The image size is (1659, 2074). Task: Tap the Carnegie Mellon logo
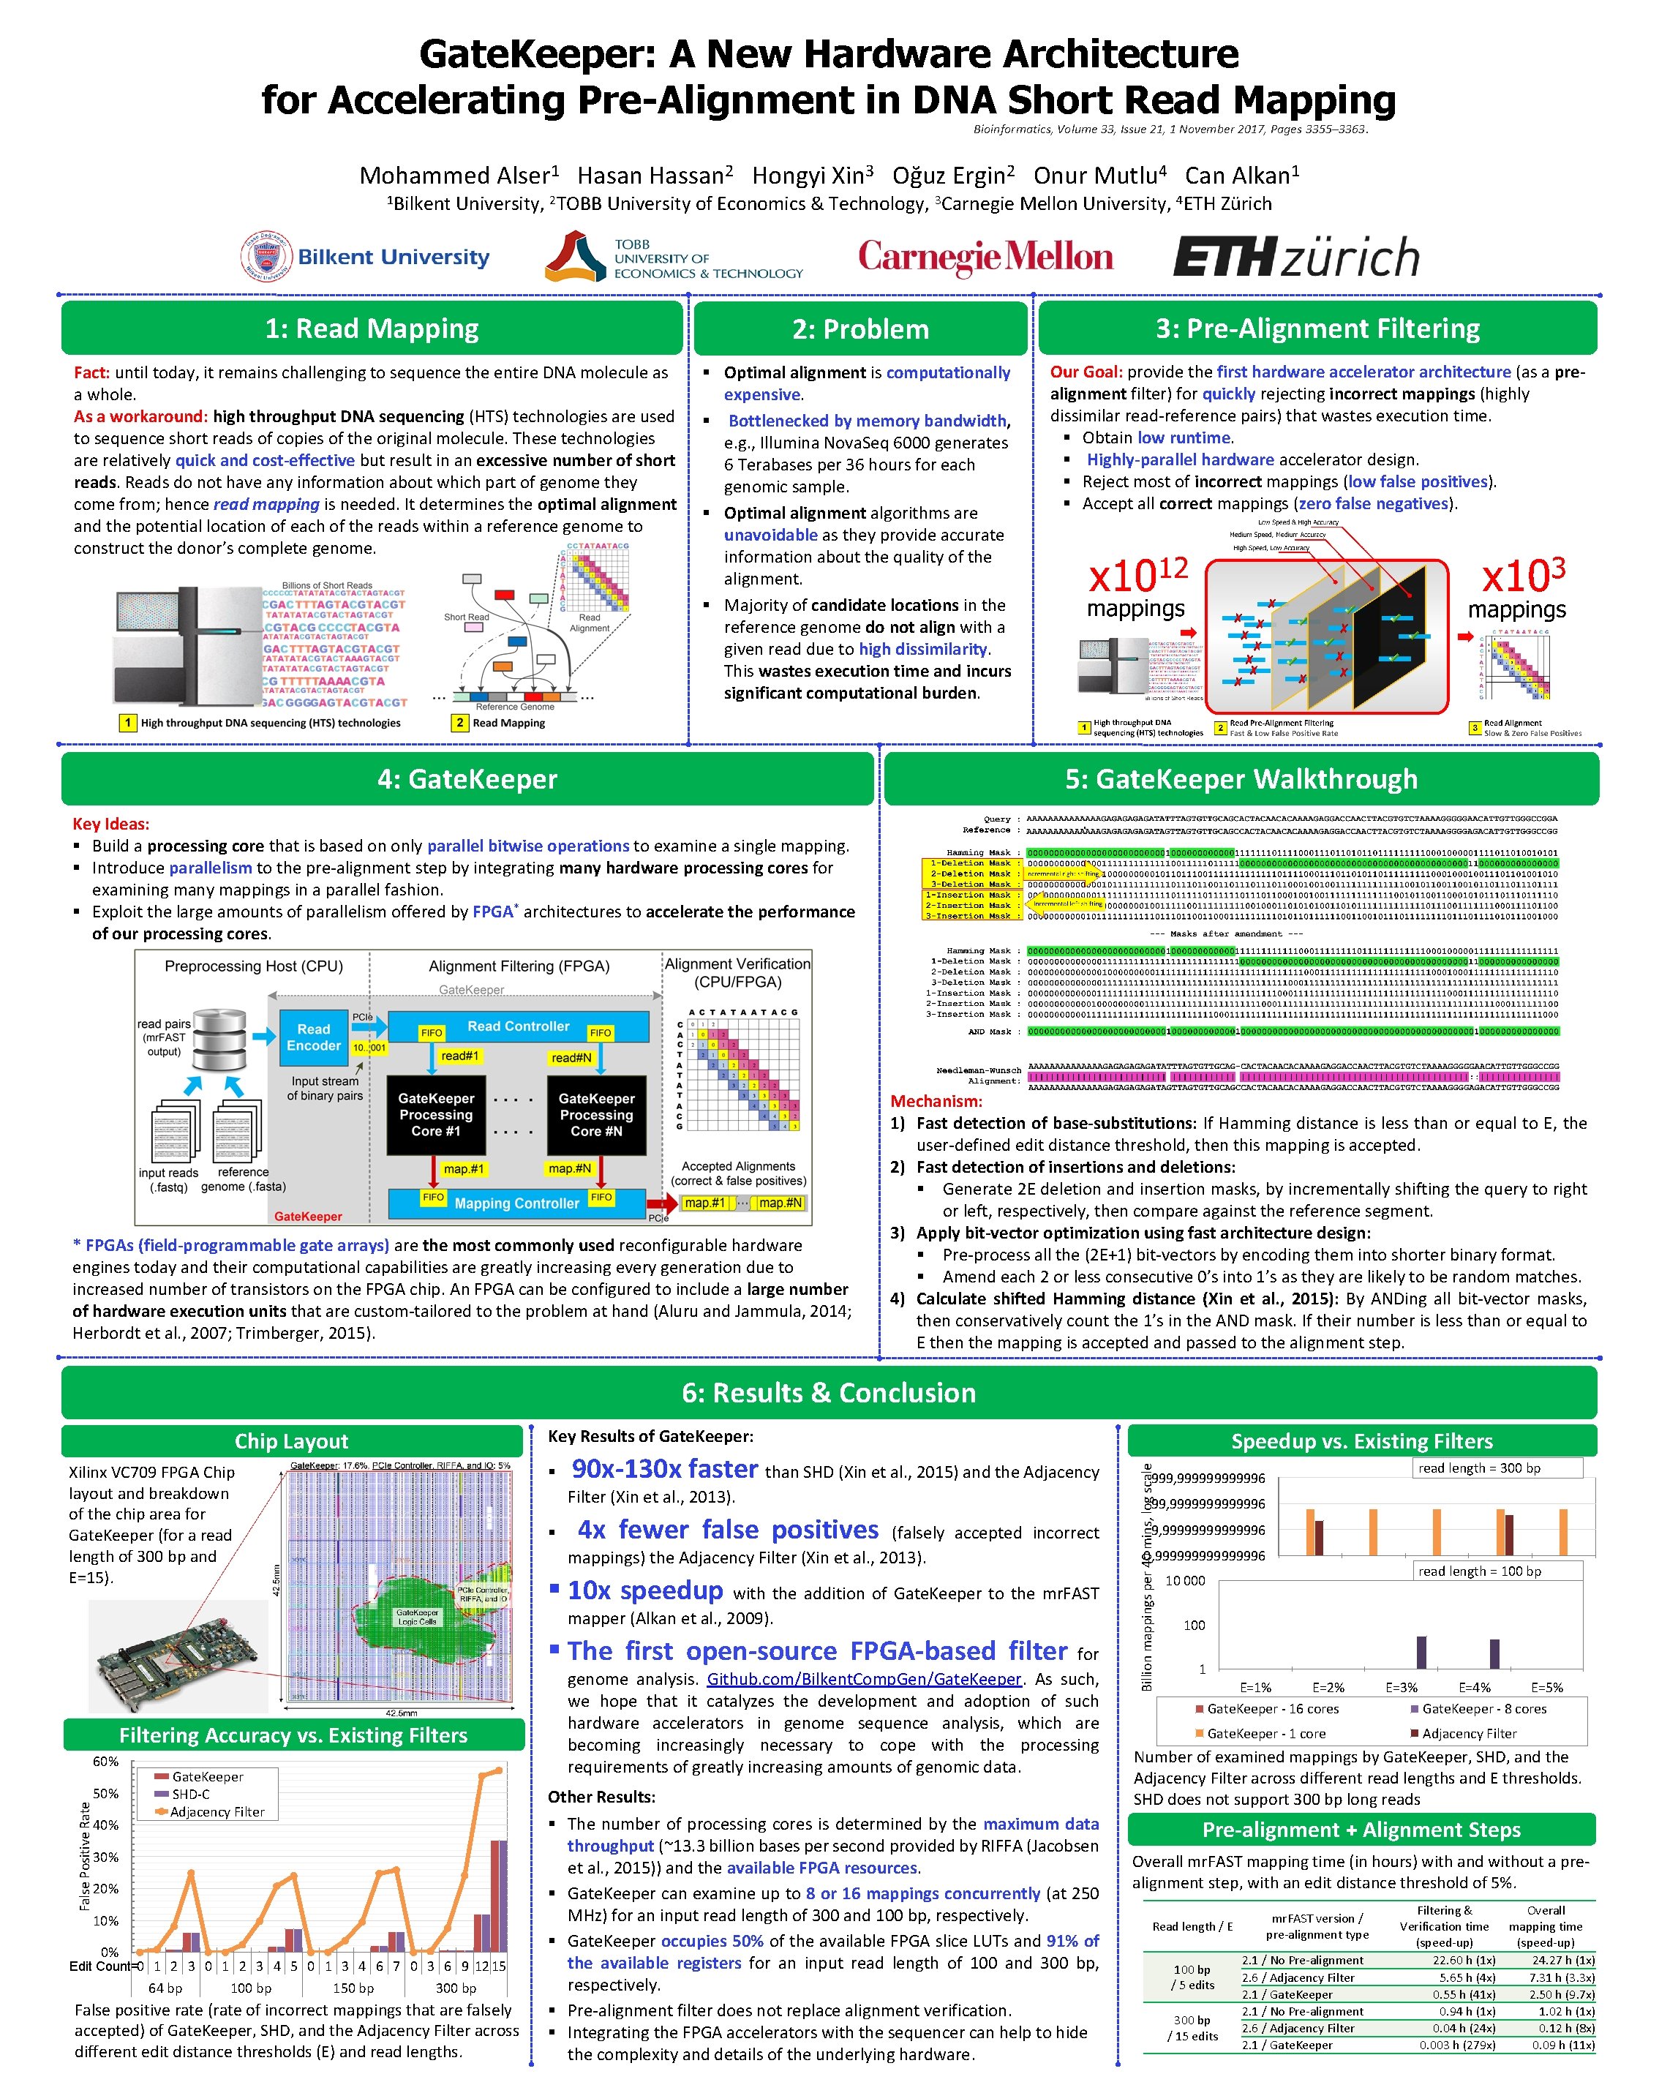986,257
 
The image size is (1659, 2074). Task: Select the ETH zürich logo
1295,258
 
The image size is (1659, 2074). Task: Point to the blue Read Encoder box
314,1037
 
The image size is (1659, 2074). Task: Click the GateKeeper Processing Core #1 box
436,1115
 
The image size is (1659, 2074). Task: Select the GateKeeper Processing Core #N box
595,1115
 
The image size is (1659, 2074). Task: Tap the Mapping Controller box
516,1203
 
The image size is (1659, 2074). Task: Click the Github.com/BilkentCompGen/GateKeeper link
864,1679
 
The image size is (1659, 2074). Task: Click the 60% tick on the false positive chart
106,1762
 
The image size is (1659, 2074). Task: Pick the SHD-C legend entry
189,1794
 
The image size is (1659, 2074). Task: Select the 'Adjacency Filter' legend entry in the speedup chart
1469,1734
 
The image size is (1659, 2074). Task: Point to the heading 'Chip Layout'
291,1441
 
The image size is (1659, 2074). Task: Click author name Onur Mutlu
1099,175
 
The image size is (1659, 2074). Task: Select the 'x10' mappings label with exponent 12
1137,575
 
